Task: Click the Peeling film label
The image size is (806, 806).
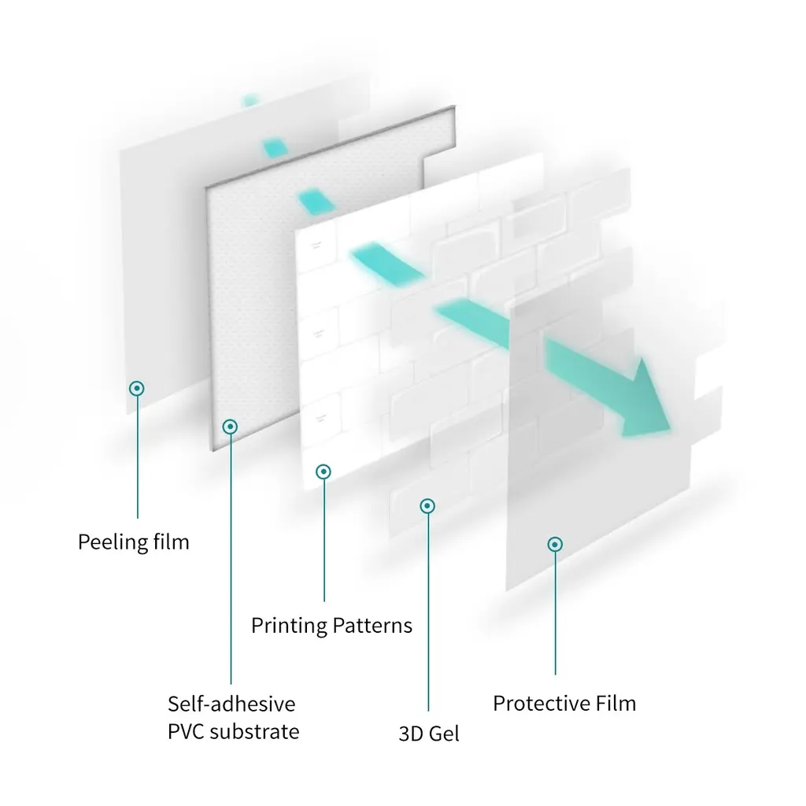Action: pos(133,542)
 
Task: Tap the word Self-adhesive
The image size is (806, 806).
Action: pos(231,703)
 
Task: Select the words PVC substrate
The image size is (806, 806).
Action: pos(233,731)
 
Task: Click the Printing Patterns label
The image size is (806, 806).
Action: pos(331,626)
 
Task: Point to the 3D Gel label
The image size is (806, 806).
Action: pos(428,734)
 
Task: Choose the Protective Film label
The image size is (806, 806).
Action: pos(564,703)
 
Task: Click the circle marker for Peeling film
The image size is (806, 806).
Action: pos(137,388)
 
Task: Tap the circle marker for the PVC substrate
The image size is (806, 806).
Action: pos(230,427)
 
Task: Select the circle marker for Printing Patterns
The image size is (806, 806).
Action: pos(324,471)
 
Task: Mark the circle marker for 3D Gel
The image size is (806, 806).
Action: pos(427,505)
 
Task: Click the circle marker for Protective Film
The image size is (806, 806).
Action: pos(555,544)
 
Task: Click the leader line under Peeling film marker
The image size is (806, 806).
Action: pos(138,457)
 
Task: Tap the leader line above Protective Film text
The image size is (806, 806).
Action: pos(556,614)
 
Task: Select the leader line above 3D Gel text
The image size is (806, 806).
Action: pos(428,614)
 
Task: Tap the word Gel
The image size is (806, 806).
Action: pos(445,734)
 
